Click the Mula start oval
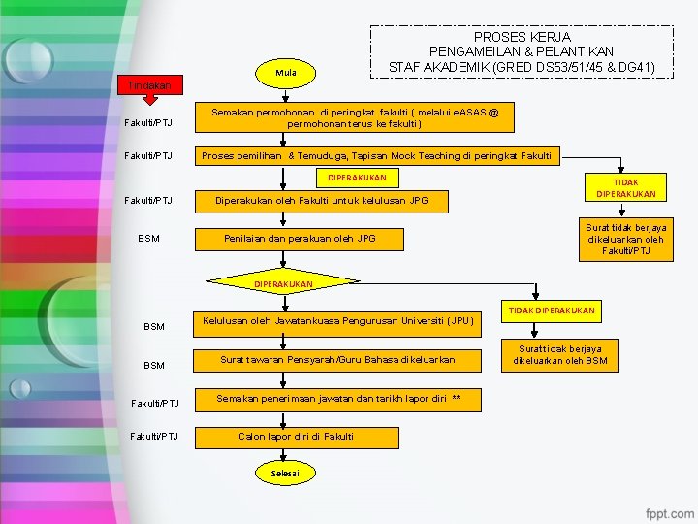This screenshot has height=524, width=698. click(x=285, y=73)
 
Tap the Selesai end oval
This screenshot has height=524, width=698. click(x=285, y=473)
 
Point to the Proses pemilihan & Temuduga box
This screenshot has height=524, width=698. click(x=376, y=155)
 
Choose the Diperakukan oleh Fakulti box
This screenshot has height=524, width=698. click(x=319, y=201)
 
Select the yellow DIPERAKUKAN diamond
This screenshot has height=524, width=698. click(x=283, y=284)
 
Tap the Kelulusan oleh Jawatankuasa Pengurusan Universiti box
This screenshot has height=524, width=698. click(x=337, y=321)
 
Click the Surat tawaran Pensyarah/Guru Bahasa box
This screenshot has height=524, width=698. click(x=337, y=360)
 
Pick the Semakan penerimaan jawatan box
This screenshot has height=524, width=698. click(x=337, y=399)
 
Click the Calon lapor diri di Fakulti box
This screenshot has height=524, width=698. click(x=296, y=437)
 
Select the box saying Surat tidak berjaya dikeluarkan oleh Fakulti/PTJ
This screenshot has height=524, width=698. click(x=625, y=240)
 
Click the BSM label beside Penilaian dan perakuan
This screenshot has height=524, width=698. click(x=148, y=238)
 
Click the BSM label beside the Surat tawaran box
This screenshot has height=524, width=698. click(x=153, y=365)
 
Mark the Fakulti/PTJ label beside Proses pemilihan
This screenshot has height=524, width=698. click(x=147, y=156)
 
